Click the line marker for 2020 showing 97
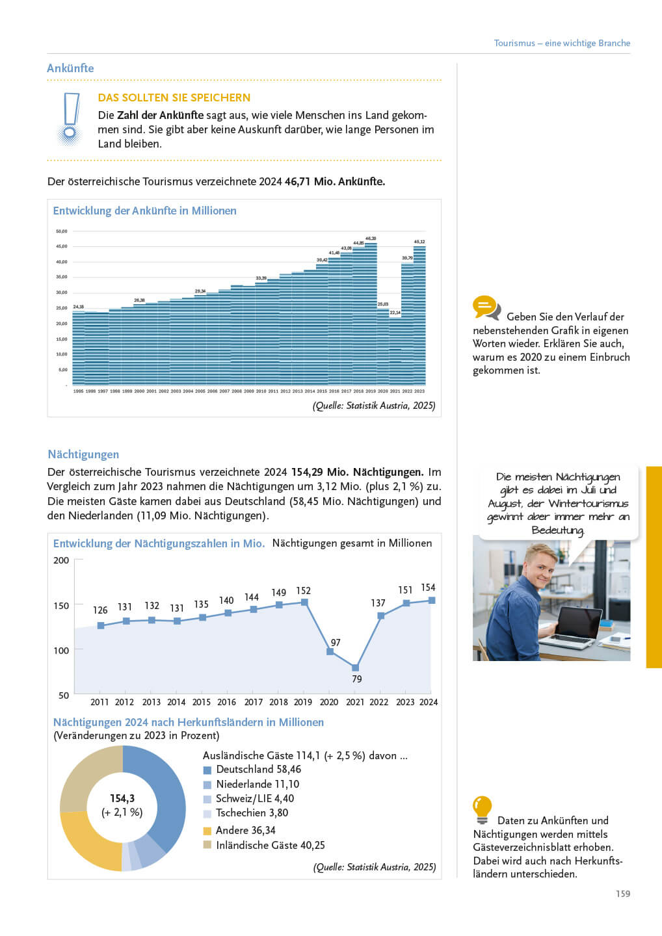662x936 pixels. click(330, 651)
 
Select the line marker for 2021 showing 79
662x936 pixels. click(355, 668)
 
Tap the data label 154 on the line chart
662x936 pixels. click(428, 588)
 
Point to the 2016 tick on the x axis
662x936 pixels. click(226, 702)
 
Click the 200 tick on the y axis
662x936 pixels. click(61, 560)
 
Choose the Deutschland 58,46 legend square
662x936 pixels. click(207, 770)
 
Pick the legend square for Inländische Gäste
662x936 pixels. click(207, 845)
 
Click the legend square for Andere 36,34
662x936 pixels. click(207, 831)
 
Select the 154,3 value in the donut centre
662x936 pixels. click(122, 798)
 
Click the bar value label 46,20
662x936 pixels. click(371, 239)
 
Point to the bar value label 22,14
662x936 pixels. click(395, 313)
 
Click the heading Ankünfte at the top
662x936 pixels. click(70, 68)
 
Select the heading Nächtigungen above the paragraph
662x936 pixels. click(83, 454)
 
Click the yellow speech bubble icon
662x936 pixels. click(485, 307)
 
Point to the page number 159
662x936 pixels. click(623, 894)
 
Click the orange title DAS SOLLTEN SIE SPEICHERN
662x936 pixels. click(174, 97)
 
